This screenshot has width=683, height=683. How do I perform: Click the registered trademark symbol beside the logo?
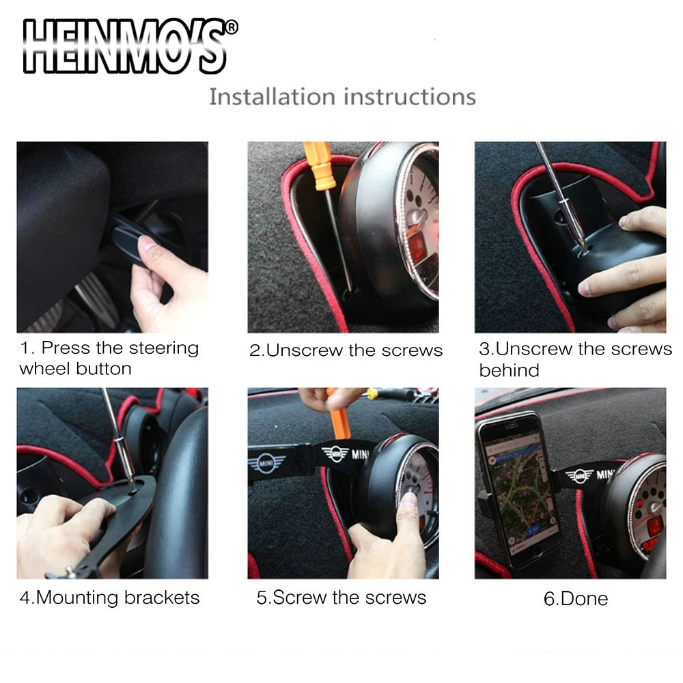point(232,28)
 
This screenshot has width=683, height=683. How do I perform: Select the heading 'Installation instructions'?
point(342,96)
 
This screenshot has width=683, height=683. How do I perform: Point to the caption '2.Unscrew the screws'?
point(346,350)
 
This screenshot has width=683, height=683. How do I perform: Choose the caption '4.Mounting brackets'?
point(109,598)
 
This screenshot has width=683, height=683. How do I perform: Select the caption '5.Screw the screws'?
point(341,598)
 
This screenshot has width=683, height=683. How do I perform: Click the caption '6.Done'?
point(575,599)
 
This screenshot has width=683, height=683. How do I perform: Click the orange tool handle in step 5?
point(339,417)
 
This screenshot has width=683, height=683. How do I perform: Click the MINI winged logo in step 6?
point(579,475)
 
